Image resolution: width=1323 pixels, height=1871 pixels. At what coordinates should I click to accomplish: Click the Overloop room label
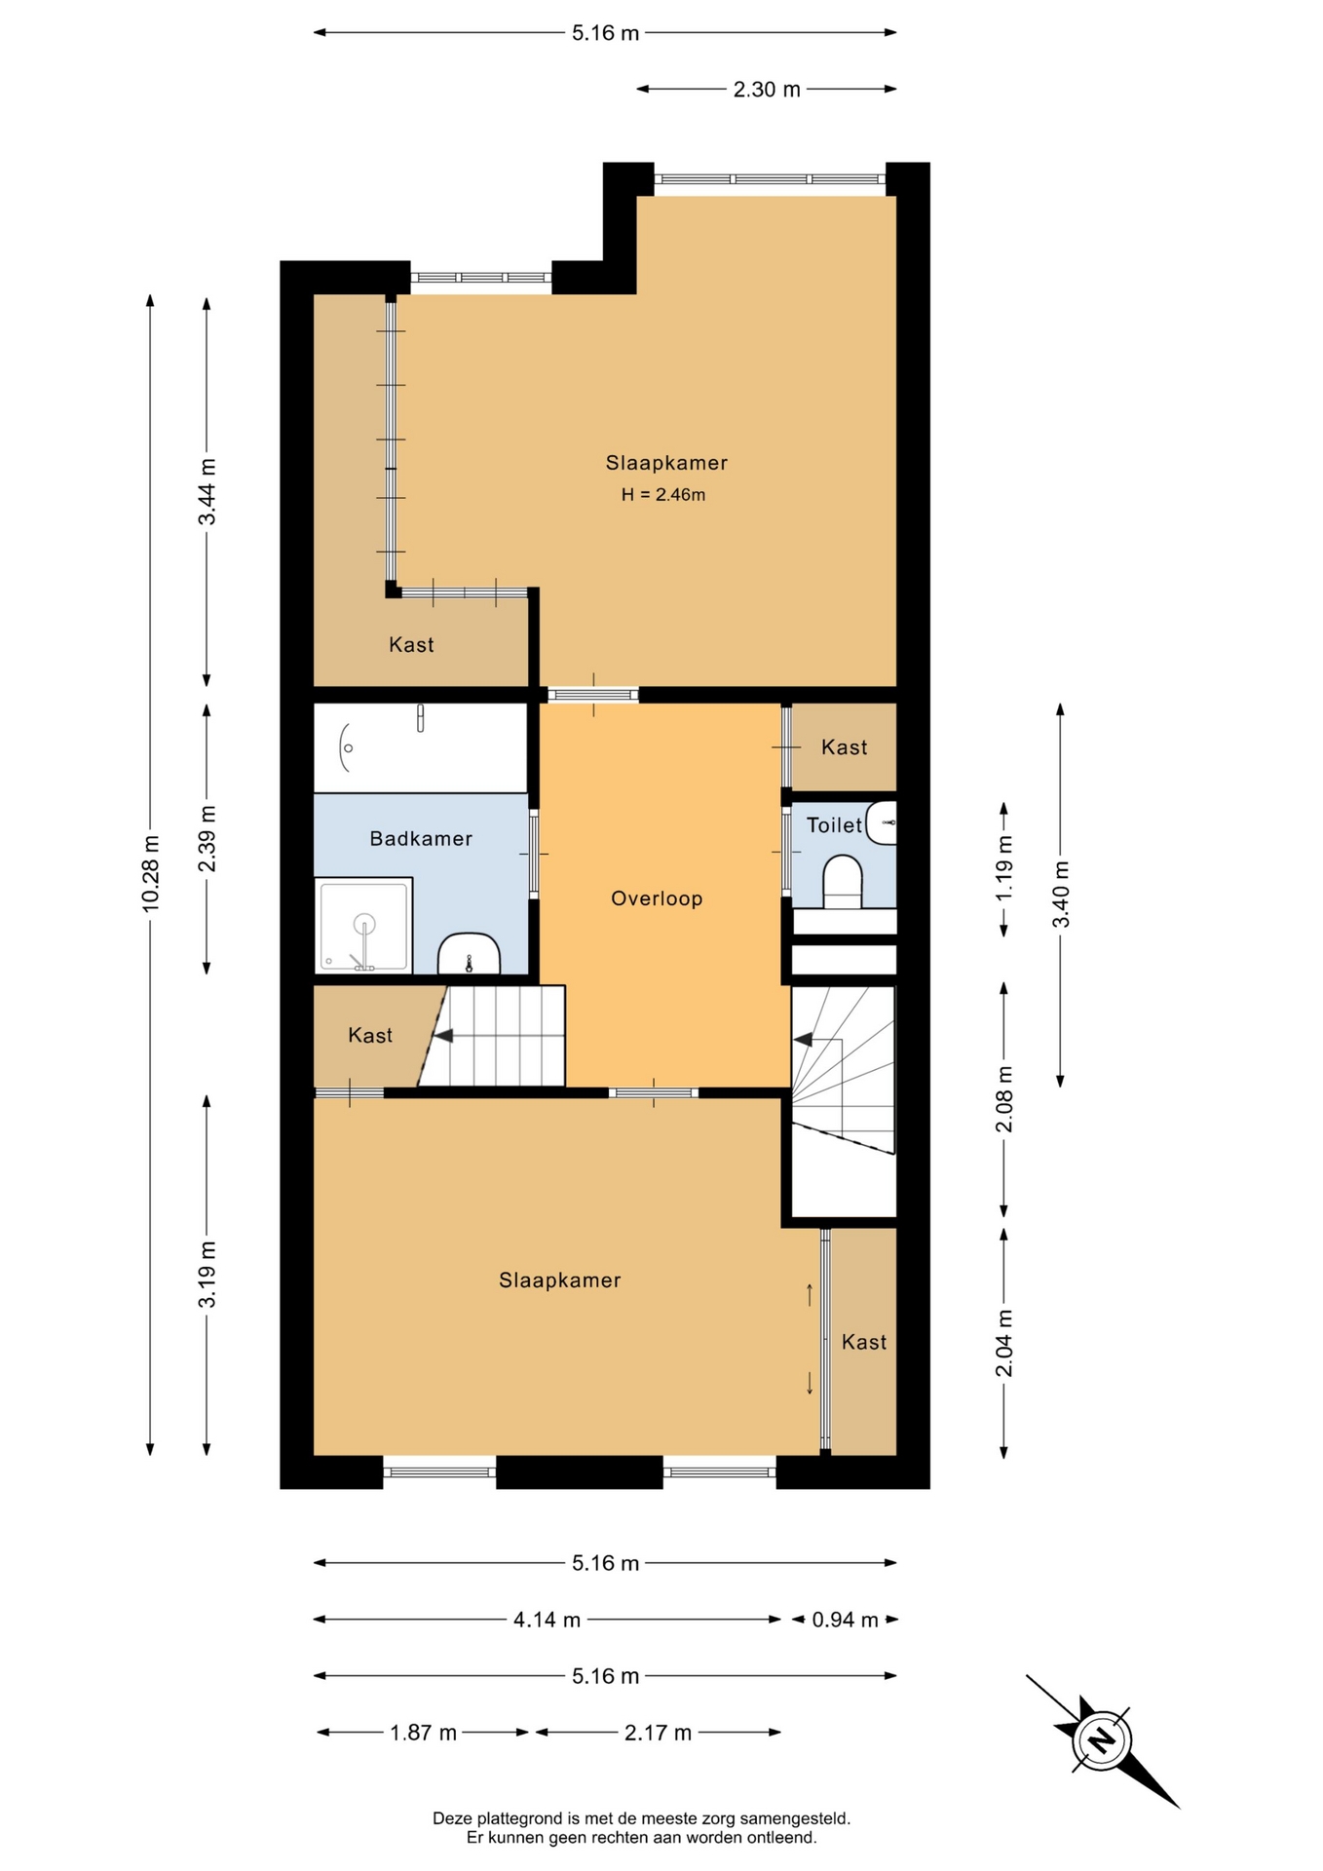coord(657,898)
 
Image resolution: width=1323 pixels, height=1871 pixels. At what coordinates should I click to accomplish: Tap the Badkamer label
coord(421,838)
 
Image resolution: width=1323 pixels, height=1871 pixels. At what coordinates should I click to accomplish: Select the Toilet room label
coord(834,825)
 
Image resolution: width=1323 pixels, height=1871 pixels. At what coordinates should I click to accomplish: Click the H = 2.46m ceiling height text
coord(663,495)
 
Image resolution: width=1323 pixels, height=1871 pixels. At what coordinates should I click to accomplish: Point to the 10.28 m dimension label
coord(150,874)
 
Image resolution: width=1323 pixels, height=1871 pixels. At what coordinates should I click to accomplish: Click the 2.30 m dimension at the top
coord(767,90)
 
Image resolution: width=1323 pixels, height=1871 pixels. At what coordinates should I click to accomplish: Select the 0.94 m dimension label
coord(846,1620)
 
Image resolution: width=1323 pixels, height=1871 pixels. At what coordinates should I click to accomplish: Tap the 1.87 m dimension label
coord(423,1733)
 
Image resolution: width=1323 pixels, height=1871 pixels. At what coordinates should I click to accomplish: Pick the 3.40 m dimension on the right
coord(1061,895)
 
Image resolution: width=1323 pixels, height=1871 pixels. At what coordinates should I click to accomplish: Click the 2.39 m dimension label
coord(207,839)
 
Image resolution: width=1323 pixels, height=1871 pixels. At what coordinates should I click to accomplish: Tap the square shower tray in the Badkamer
coord(363,926)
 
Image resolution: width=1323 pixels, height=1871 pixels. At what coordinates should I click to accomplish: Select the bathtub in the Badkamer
coord(420,747)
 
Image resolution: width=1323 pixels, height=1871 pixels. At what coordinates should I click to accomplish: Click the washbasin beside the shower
coord(469,954)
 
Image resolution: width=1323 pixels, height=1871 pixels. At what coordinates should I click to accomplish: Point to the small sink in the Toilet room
coord(881,823)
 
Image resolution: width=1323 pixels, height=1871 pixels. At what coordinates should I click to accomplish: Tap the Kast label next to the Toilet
coord(844,747)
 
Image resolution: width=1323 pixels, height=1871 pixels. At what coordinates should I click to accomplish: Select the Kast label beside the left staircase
coord(370,1036)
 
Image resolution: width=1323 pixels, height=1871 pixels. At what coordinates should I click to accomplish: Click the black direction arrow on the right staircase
coord(803,1040)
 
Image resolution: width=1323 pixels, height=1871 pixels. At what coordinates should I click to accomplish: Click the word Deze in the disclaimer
coord(451,1818)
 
